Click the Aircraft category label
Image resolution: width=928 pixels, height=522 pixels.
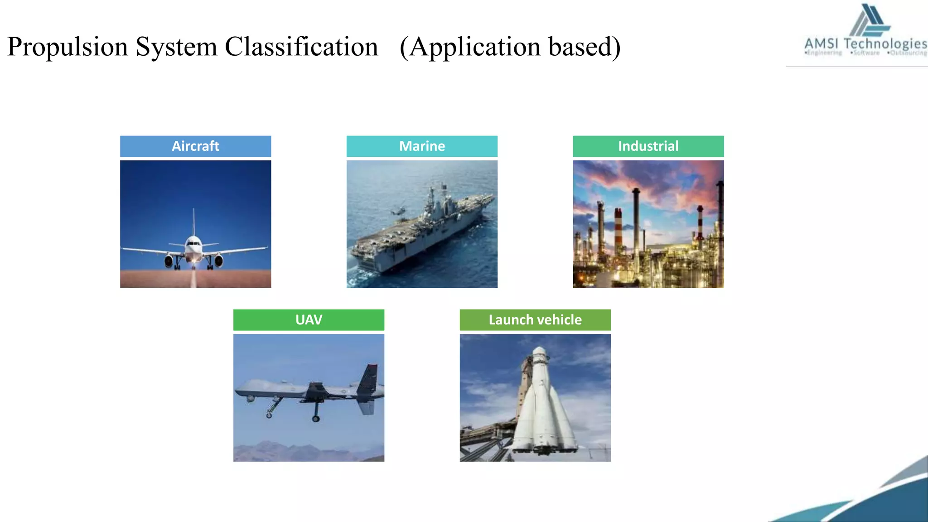click(195, 146)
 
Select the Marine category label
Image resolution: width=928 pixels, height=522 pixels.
click(422, 146)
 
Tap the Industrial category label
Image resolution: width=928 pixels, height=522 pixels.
click(648, 146)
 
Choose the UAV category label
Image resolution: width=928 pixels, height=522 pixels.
click(309, 320)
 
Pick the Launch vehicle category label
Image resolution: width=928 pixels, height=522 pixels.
click(535, 320)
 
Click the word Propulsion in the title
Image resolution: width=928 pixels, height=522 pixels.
click(68, 47)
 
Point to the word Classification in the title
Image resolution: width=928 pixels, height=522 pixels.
click(301, 47)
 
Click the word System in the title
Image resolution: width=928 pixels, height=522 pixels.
click(176, 47)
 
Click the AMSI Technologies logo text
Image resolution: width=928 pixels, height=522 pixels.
click(865, 44)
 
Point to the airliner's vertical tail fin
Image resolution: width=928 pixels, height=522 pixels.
click(193, 222)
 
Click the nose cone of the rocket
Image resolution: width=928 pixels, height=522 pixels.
click(539, 352)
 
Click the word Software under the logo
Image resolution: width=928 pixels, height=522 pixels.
click(866, 53)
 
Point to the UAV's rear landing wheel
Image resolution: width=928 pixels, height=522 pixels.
click(316, 419)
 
